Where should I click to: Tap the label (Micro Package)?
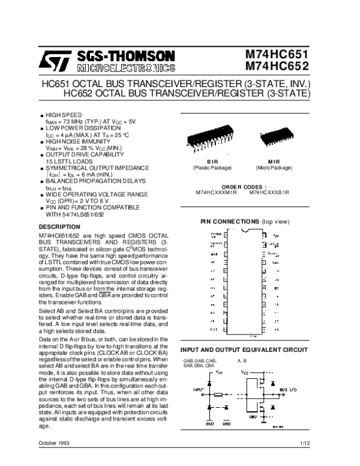pyautogui.click(x=274, y=166)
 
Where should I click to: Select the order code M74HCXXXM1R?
pyautogui.click(x=217, y=192)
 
